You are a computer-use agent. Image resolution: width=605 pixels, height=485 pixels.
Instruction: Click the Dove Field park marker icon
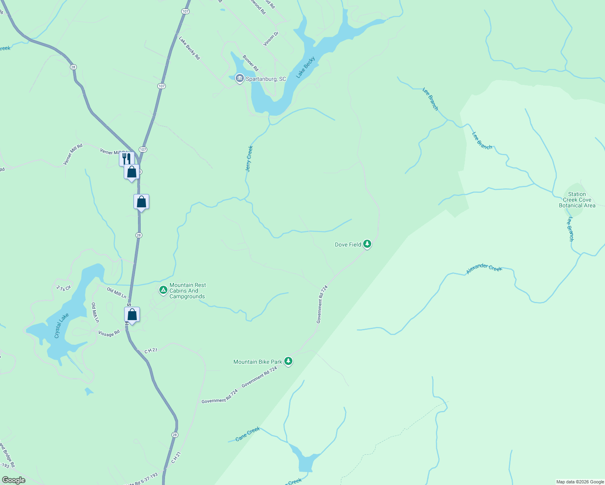[367, 244]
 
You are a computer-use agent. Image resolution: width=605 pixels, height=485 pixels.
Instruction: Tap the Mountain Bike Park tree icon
[288, 361]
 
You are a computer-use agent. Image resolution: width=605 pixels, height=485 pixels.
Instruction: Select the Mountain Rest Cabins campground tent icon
[163, 290]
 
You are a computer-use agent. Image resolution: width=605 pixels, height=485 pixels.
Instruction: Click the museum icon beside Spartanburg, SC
[239, 78]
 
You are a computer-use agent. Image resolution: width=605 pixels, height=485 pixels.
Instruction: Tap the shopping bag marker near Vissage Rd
[132, 314]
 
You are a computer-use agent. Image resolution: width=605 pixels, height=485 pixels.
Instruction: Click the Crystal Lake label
[62, 326]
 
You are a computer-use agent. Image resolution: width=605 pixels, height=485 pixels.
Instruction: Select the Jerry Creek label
[250, 159]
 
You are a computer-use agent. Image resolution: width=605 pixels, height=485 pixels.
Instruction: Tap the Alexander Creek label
[484, 269]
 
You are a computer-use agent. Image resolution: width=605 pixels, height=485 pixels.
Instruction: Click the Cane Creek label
[247, 434]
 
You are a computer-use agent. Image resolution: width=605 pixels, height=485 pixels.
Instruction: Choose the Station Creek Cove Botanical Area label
[577, 200]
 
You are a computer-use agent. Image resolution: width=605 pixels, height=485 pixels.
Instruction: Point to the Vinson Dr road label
[271, 39]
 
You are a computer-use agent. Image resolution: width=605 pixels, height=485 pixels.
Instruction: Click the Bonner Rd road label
[250, 63]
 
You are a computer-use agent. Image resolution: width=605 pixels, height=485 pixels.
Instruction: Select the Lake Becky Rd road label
[189, 48]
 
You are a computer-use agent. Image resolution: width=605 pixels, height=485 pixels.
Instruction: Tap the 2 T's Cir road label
[63, 288]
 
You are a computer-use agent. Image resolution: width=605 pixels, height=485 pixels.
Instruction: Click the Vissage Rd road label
[109, 333]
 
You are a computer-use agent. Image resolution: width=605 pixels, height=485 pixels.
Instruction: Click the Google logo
[14, 480]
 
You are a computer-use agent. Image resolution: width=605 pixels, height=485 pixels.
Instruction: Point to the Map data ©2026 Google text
[580, 482]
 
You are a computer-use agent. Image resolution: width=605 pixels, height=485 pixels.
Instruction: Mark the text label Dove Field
[348, 245]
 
